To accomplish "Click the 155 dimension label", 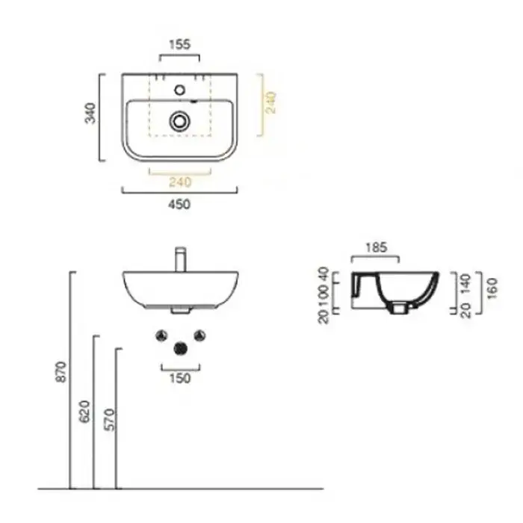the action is (x=180, y=44).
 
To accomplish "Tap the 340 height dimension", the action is (x=90, y=113).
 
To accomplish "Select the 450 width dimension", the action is (x=179, y=204).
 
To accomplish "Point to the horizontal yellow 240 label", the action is (x=180, y=182).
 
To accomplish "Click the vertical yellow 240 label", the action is (x=271, y=102).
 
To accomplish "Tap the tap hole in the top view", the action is (x=180, y=90).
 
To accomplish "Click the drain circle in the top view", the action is (x=180, y=121).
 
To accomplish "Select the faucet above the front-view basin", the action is (x=181, y=259).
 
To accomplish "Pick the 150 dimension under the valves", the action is (x=180, y=378).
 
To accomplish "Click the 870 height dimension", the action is (x=61, y=371).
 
